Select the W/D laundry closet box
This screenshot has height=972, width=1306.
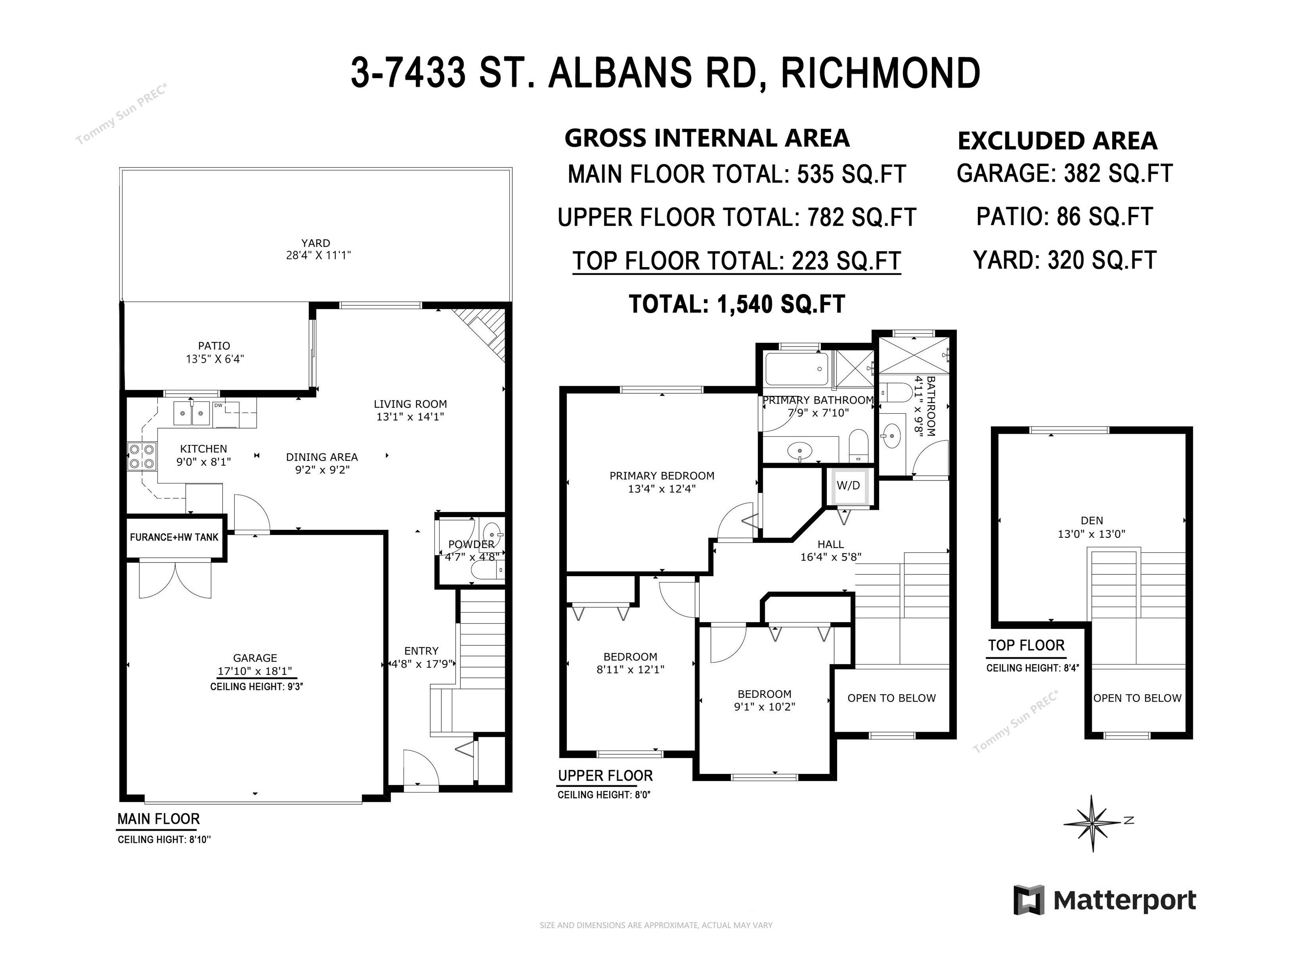click(848, 486)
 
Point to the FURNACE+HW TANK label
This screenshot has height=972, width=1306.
click(174, 537)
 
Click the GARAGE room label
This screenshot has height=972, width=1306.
click(255, 658)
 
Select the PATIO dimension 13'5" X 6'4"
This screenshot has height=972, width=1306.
click(215, 359)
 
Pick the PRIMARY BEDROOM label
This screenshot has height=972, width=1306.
click(662, 476)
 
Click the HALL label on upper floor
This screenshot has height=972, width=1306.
click(831, 545)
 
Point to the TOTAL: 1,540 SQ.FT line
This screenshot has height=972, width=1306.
click(737, 304)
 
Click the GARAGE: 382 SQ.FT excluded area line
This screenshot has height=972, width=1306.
click(1065, 173)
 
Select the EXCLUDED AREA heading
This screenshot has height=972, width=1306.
click(1058, 141)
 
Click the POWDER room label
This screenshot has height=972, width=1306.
click(471, 545)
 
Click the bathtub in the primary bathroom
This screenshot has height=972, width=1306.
click(797, 369)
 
